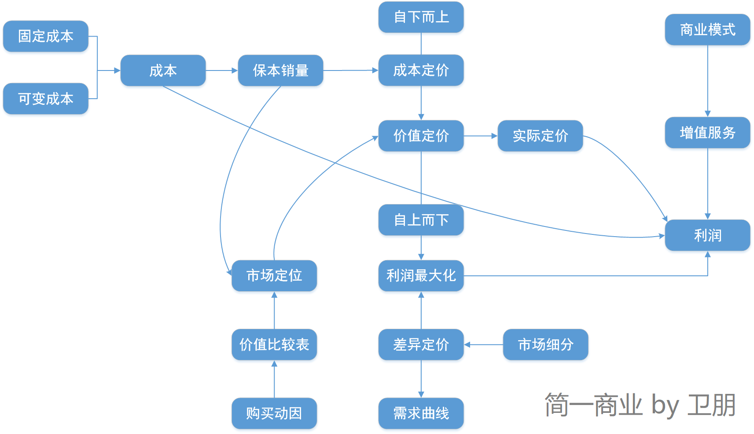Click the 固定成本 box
[x=46, y=36]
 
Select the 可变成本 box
[x=46, y=99]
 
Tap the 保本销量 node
[x=280, y=70]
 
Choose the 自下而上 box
[x=421, y=17]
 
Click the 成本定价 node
[x=421, y=70]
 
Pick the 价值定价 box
[x=421, y=136]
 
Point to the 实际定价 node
[x=540, y=136]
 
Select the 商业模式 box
[x=707, y=30]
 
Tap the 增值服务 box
[x=707, y=133]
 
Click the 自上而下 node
[x=421, y=220]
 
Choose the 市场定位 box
[x=274, y=276]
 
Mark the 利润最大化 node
[x=421, y=276]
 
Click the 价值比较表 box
[x=274, y=345]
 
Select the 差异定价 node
[x=421, y=345]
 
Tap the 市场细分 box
[x=545, y=345]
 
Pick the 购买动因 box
[x=274, y=413]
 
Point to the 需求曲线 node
[x=421, y=413]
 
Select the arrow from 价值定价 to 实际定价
[x=481, y=136]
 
